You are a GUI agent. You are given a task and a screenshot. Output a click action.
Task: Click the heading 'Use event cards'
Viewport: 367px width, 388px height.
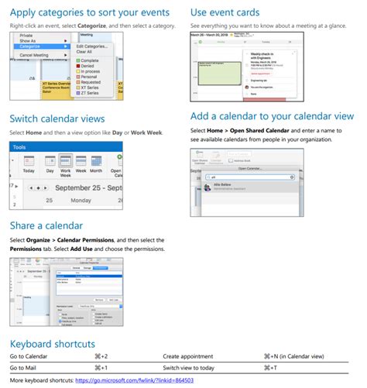(x=235, y=12)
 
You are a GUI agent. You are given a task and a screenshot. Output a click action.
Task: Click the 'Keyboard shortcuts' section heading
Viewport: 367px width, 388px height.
(x=53, y=342)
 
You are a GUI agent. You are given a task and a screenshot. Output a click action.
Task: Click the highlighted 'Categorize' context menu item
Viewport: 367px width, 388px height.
(x=32, y=46)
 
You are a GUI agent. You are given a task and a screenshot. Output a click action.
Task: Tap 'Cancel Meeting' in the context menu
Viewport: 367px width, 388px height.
(x=36, y=55)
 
